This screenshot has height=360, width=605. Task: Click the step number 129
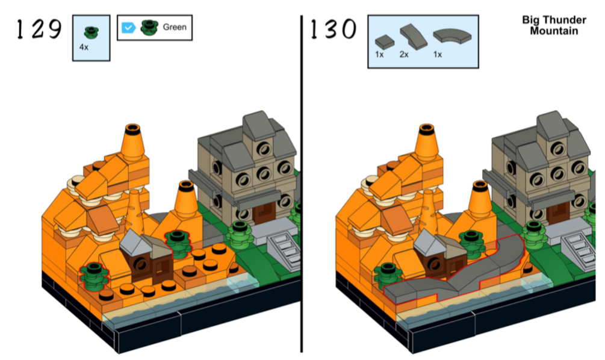[39, 29]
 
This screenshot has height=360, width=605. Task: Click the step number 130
[334, 29]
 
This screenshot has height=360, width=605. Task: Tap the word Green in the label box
[175, 27]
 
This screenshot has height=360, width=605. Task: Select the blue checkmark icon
[128, 28]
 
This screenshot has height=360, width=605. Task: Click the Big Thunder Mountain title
[554, 25]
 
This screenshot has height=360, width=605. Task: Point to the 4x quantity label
[84, 47]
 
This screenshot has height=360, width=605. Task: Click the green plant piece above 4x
[92, 33]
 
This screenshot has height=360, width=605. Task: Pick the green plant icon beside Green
[149, 28]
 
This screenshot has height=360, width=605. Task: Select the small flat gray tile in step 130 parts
[385, 42]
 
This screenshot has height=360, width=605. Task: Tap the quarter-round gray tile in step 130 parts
[452, 36]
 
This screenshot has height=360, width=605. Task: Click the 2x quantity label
[404, 54]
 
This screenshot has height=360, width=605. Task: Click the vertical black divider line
[302, 184]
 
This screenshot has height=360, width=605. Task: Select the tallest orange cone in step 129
[132, 143]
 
